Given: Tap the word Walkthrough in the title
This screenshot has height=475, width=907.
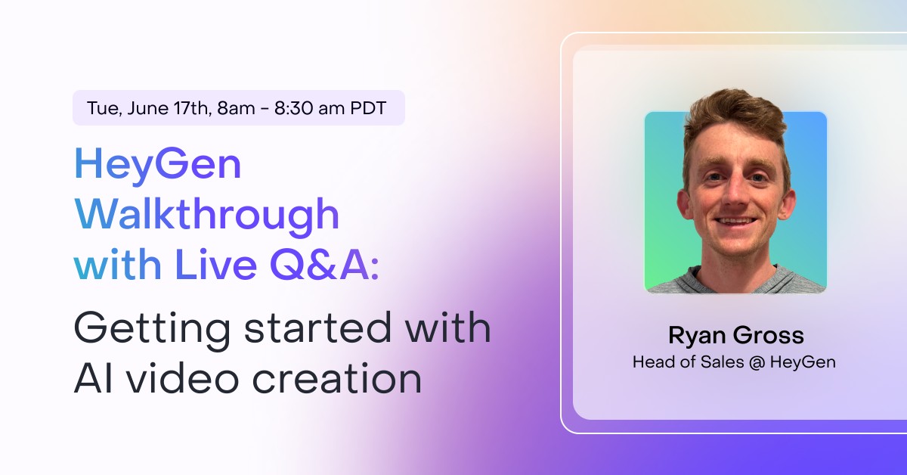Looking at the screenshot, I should pos(206,215).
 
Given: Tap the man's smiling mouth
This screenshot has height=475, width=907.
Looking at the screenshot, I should pos(735,222).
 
